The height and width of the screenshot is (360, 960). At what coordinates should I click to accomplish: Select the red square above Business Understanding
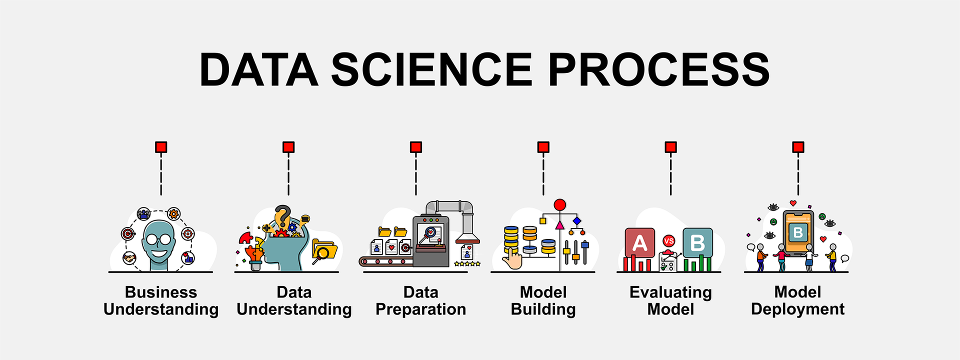[161, 147]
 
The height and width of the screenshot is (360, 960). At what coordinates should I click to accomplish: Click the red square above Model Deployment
[798, 147]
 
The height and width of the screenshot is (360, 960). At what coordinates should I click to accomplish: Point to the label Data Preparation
[420, 300]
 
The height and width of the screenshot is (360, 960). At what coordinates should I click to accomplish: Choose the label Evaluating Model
[670, 300]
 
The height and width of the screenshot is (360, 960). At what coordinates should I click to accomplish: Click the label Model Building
[543, 300]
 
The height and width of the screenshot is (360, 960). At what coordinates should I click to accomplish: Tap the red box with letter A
[639, 243]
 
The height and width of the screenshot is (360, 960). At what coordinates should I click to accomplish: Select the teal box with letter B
[697, 243]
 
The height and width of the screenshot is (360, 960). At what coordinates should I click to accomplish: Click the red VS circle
[668, 241]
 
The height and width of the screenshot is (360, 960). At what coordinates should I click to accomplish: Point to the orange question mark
[282, 216]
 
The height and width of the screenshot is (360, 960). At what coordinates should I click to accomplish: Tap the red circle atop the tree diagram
[560, 204]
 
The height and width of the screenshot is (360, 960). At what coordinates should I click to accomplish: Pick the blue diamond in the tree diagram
[577, 221]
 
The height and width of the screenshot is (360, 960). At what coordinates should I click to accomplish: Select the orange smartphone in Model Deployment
[798, 232]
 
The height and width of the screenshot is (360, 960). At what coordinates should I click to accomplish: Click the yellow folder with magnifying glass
[324, 251]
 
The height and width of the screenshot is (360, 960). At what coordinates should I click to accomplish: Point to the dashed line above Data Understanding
[288, 174]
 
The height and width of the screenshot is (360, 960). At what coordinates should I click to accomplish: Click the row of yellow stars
[467, 263]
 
